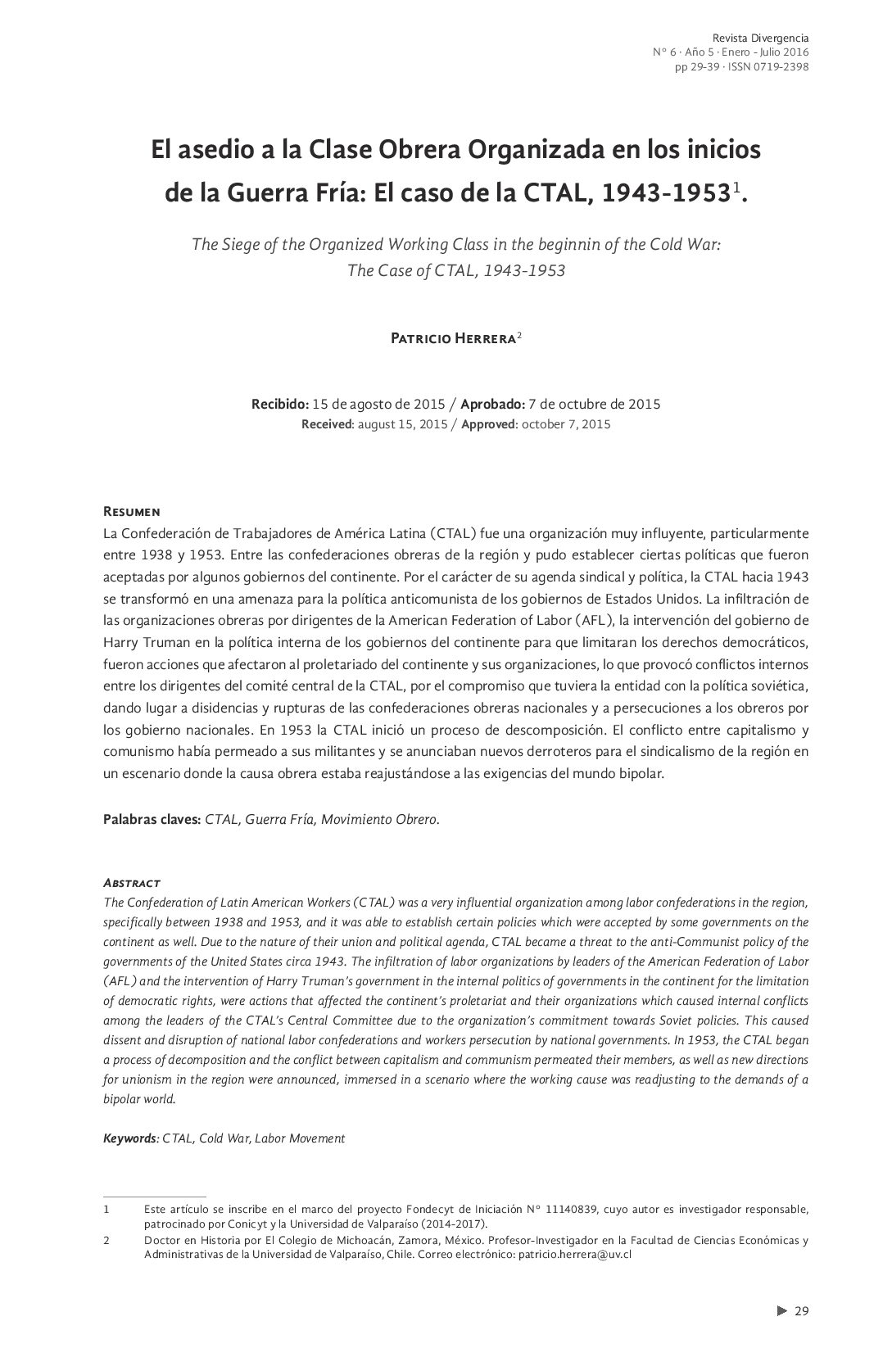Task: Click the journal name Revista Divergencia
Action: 760,38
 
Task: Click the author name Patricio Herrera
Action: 452,338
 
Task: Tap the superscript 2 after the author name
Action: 519,334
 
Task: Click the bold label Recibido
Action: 279,404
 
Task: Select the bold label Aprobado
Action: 491,404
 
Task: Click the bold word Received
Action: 326,424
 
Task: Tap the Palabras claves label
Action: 152,819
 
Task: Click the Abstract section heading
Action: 131,883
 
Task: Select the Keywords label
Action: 129,1138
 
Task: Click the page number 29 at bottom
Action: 802,1310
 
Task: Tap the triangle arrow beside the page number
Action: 781,1310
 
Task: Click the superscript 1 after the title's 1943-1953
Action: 736,188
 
